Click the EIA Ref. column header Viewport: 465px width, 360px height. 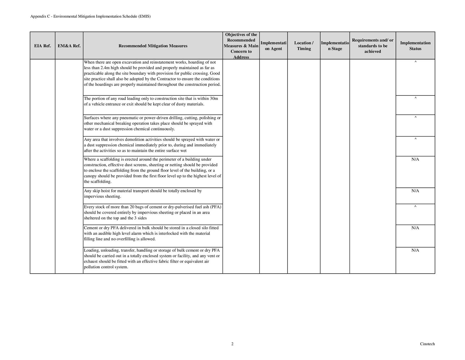[42, 46]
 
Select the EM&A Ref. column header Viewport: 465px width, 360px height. [69, 46]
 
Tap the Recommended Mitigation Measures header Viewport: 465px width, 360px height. [153, 46]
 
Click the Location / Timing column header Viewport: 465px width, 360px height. [304, 46]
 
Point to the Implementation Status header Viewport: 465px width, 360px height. [415, 46]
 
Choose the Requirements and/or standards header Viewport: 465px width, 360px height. [373, 46]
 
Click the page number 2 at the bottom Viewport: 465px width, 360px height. [232, 344]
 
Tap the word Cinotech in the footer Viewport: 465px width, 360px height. [427, 344]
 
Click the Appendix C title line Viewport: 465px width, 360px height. [90, 16]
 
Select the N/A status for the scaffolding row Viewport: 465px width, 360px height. [415, 159]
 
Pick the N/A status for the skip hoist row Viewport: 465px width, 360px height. [415, 191]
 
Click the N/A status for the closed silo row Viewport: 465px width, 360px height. [415, 228]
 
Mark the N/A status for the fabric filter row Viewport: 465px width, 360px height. [415, 250]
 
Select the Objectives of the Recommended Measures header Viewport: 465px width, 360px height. [241, 46]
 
